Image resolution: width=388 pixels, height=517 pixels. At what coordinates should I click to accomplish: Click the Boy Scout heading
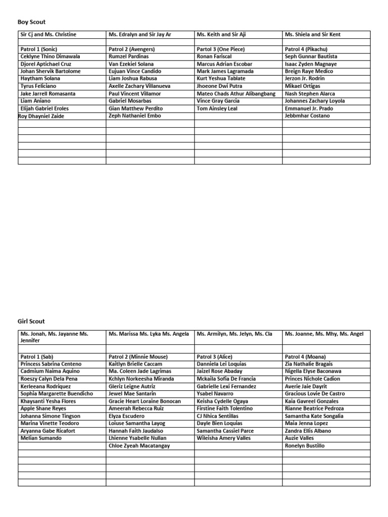(32, 22)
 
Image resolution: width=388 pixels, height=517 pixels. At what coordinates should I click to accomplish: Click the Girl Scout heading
(32, 321)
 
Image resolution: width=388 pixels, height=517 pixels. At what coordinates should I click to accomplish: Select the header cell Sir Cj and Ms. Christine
(48, 34)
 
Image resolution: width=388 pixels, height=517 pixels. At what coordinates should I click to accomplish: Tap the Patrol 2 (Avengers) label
(131, 49)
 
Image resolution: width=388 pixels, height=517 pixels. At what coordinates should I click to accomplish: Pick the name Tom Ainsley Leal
(217, 109)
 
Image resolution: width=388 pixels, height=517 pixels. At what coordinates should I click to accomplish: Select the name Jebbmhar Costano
(307, 116)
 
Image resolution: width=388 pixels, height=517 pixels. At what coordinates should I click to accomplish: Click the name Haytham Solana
(40, 79)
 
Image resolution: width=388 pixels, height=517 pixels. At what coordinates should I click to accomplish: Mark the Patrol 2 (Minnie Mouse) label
(138, 356)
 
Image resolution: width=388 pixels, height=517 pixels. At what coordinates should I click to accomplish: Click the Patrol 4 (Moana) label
(305, 356)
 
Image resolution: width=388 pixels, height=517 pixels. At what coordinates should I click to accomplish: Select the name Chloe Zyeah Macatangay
(139, 446)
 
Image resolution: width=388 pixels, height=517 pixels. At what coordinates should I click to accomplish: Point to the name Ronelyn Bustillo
(305, 446)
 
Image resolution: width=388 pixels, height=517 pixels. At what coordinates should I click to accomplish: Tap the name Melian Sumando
(41, 438)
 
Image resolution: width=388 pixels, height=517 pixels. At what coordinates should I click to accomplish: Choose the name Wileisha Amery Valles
(223, 438)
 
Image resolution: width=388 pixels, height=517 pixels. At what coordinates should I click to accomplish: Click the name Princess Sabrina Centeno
(51, 364)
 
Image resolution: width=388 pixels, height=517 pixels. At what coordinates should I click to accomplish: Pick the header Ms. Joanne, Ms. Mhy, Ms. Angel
(324, 334)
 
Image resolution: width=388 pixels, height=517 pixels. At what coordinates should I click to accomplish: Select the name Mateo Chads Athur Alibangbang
(236, 94)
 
